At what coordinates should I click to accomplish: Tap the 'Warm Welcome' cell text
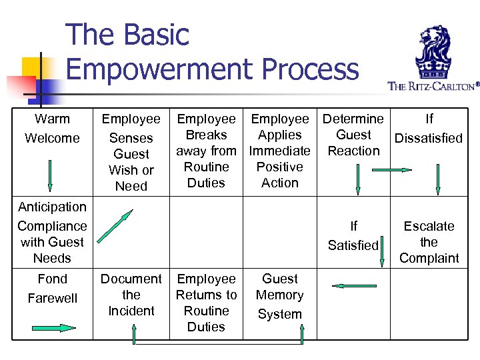(52, 129)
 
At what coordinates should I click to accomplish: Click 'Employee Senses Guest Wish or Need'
(131, 153)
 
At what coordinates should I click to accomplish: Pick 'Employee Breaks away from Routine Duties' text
(206, 151)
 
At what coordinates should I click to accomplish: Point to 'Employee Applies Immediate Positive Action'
(280, 151)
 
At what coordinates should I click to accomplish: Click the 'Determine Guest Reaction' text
(353, 135)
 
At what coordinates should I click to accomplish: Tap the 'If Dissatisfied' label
(429, 129)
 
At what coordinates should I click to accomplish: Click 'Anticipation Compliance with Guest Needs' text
(52, 232)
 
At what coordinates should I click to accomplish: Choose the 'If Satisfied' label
(353, 236)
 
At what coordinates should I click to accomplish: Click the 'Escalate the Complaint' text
(429, 242)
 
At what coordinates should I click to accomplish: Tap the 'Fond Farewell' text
(52, 288)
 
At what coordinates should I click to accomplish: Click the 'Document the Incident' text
(131, 295)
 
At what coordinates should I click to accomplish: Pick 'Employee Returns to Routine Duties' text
(206, 303)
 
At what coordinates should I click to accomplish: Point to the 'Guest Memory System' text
(280, 296)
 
